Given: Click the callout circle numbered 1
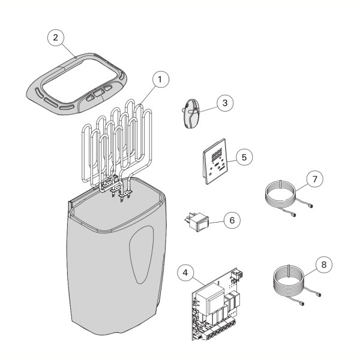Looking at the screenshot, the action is click(161, 79).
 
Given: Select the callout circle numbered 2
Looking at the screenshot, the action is click(56, 37).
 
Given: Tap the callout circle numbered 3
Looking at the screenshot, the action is click(225, 103).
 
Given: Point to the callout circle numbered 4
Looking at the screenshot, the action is click(185, 273).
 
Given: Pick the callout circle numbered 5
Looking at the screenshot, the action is click(244, 157).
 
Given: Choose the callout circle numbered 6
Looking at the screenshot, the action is click(232, 220).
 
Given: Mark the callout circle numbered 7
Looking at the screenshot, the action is click(315, 179).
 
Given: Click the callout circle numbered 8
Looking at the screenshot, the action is click(324, 265).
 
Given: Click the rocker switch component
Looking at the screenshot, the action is click(197, 221).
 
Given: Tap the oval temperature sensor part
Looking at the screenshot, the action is click(191, 113).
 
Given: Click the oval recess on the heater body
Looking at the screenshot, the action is click(141, 254).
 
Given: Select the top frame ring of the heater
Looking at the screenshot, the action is click(76, 84).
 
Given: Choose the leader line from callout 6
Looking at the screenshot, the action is click(216, 222).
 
